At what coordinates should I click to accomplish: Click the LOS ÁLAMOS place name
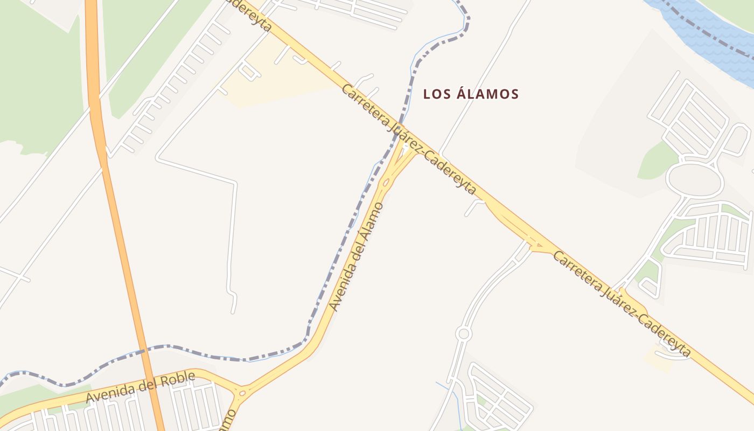[x=471, y=94]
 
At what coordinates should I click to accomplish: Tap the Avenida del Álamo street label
[x=357, y=256]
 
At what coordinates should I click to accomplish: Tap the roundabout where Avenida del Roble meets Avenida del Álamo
[x=242, y=393]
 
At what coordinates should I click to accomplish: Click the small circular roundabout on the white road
[x=463, y=334]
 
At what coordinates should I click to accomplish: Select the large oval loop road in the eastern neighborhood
[x=695, y=180]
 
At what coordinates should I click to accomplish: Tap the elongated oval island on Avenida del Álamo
[x=386, y=183]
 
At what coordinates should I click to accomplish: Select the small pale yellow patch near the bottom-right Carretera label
[x=658, y=360]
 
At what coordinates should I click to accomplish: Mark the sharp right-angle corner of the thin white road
[x=235, y=183]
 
